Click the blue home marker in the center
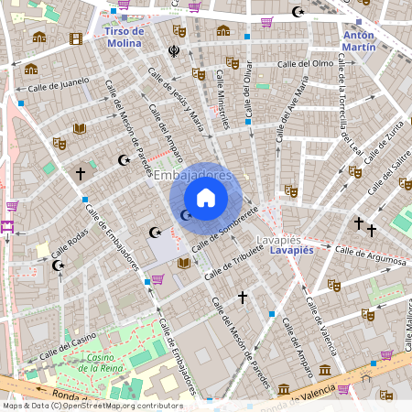(206, 198)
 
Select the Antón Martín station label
(359, 41)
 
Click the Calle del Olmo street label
(304, 63)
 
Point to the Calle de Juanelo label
(59, 85)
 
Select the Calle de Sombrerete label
(225, 228)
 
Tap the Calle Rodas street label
(70, 243)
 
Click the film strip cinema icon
(75, 38)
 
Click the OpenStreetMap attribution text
(92, 405)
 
